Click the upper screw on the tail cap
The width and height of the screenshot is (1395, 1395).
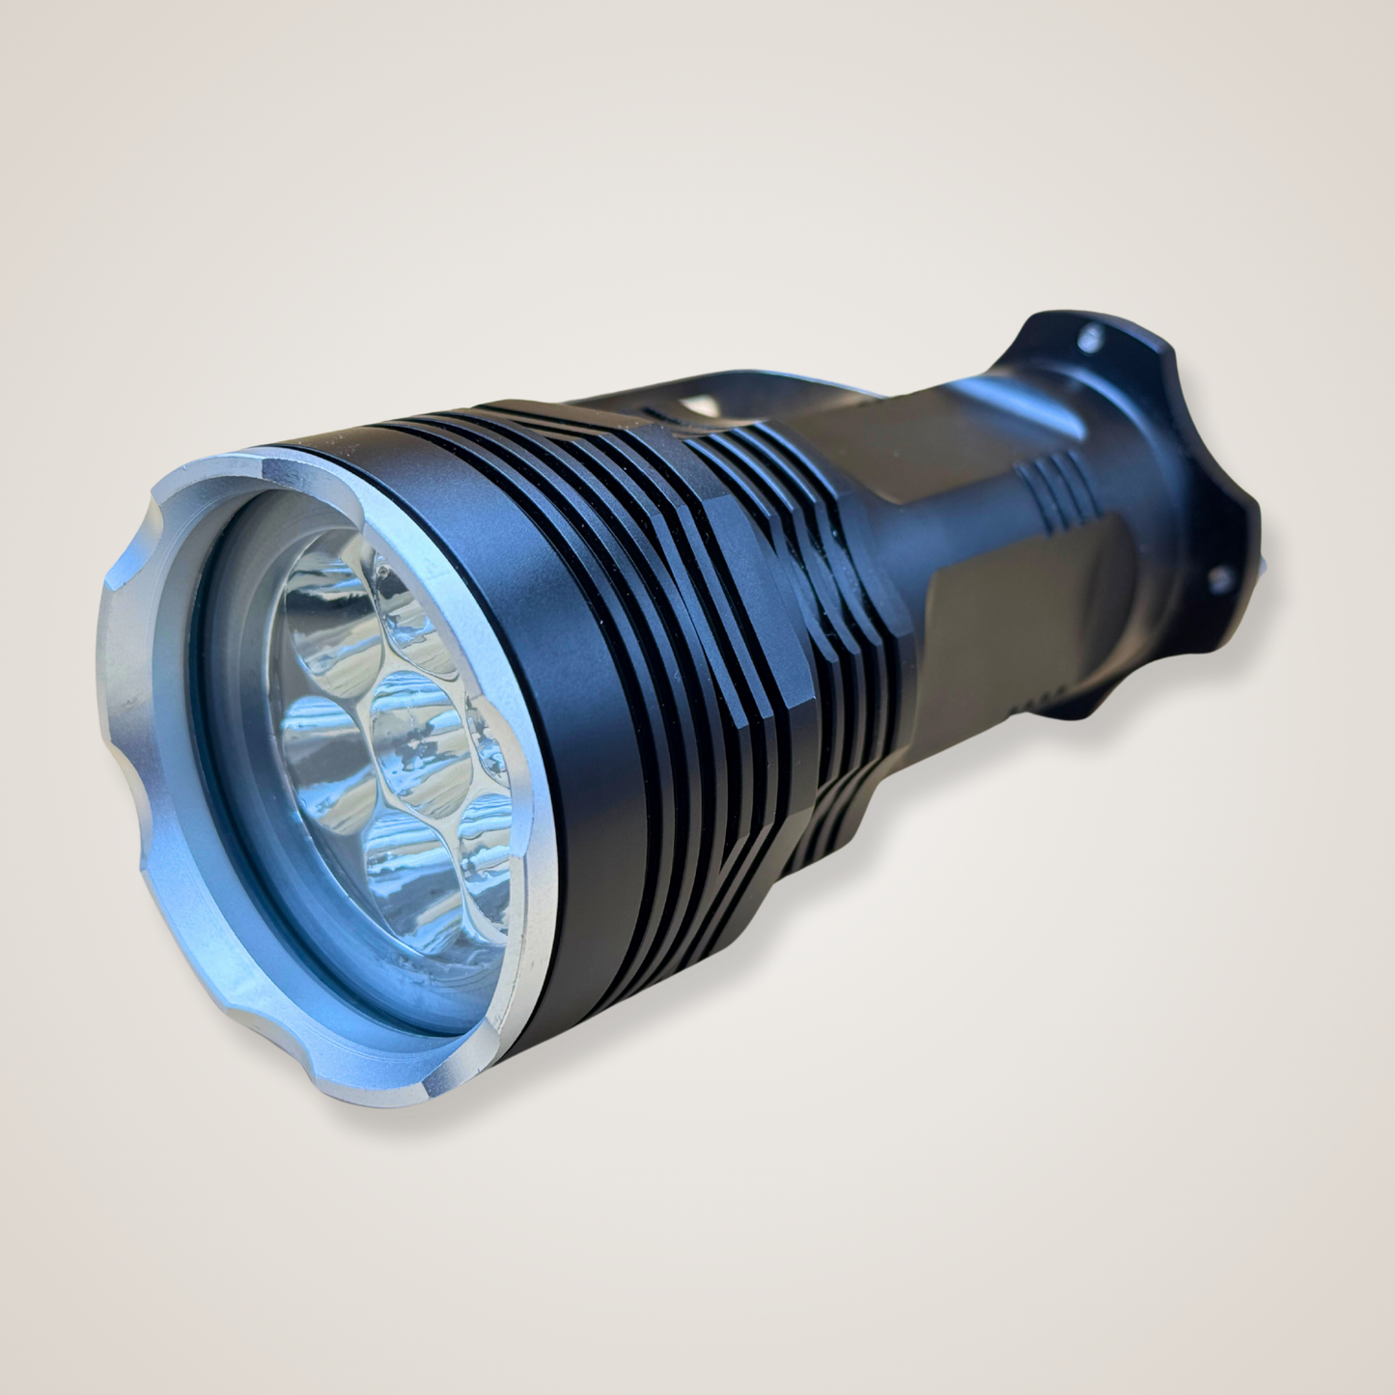[x=1091, y=337]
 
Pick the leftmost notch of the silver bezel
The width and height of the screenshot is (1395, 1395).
[x=126, y=579]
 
